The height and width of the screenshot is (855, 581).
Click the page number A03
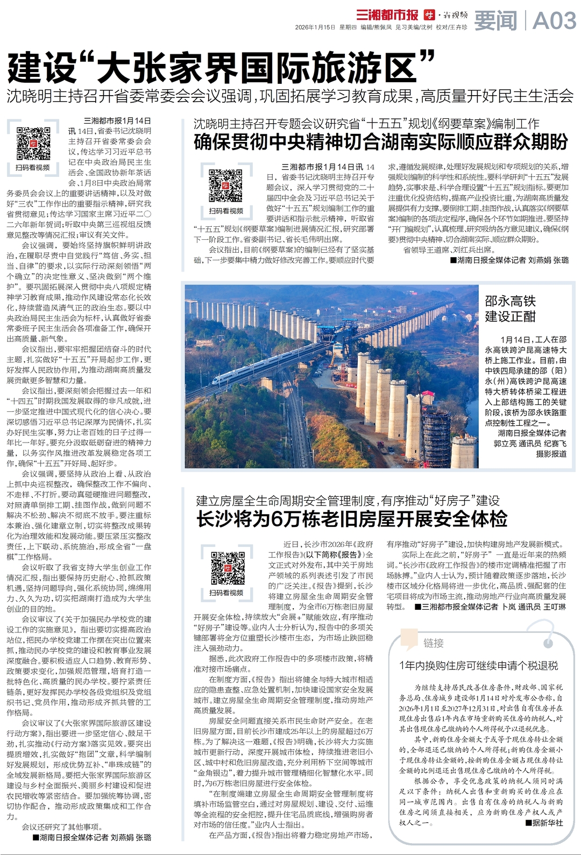coord(554,20)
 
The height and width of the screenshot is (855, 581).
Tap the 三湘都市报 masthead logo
coord(387,15)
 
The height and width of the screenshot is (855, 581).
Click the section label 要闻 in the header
coord(495,20)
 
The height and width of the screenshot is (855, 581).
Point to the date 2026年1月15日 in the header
coord(315,27)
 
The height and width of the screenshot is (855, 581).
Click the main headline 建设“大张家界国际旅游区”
coord(221,67)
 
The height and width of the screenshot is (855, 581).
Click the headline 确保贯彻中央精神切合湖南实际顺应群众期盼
coord(380,142)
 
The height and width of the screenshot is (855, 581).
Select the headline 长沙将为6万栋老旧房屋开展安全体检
coord(352,519)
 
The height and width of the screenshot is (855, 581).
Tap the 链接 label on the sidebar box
coord(433,643)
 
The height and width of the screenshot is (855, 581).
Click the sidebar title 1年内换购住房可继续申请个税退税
coord(478,665)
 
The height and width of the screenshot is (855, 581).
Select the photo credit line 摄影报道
coord(551,454)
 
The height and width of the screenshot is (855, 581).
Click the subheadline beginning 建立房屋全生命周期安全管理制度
coord(348,501)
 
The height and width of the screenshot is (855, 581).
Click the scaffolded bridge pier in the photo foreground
coord(436,430)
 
